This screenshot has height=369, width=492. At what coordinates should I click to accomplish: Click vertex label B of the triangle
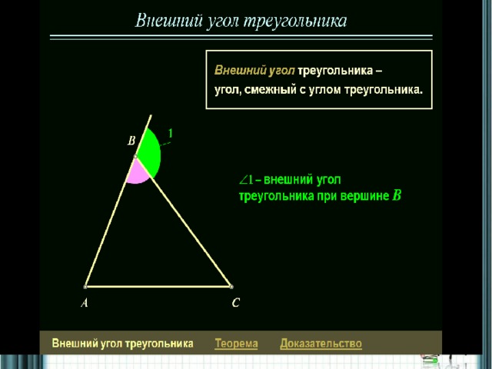[x=131, y=141]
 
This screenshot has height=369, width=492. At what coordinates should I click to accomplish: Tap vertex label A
[x=85, y=303]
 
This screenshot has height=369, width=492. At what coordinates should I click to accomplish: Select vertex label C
[x=236, y=302]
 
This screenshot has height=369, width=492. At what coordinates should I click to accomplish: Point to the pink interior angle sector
[x=137, y=172]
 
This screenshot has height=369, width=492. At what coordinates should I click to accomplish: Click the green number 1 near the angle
[x=171, y=134]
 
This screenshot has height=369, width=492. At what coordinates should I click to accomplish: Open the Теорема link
[x=236, y=344]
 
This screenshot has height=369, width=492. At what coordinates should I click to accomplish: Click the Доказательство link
[x=321, y=344]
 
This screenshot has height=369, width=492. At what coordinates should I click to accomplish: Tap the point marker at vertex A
[x=85, y=287]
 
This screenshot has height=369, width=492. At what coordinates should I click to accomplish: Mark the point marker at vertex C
[x=231, y=287]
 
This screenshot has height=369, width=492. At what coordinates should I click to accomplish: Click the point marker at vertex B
[x=135, y=156]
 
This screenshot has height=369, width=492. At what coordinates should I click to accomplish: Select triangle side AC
[x=158, y=287]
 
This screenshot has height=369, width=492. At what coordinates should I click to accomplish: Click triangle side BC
[x=183, y=221]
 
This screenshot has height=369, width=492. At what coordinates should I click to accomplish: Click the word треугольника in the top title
[x=295, y=22]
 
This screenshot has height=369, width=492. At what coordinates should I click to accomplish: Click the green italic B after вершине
[x=397, y=195]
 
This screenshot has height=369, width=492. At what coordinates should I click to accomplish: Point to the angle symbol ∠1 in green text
[x=246, y=180]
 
